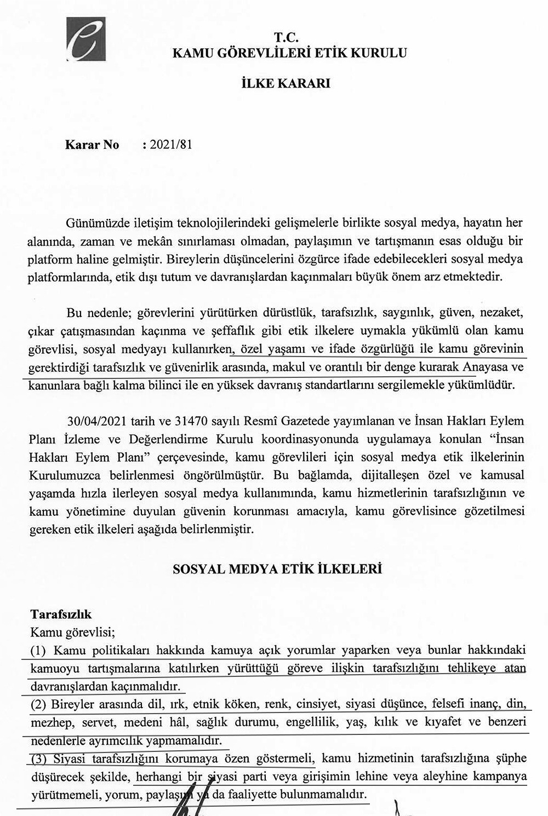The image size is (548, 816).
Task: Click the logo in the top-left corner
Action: tap(86, 39)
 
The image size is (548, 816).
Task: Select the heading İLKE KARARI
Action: tap(286, 84)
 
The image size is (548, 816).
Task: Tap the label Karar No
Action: tap(92, 145)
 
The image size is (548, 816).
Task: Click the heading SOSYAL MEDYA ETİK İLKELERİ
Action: tap(277, 569)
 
